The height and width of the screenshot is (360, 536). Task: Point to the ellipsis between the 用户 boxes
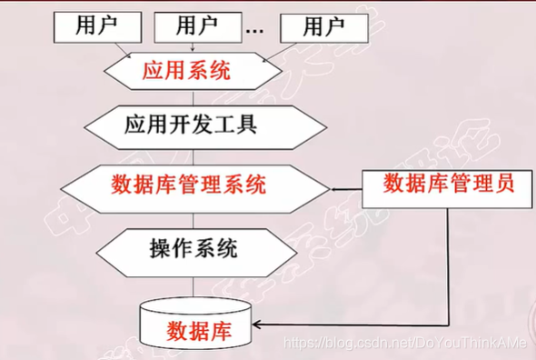[x=254, y=29]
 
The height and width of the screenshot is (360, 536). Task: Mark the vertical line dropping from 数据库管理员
[x=449, y=264]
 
